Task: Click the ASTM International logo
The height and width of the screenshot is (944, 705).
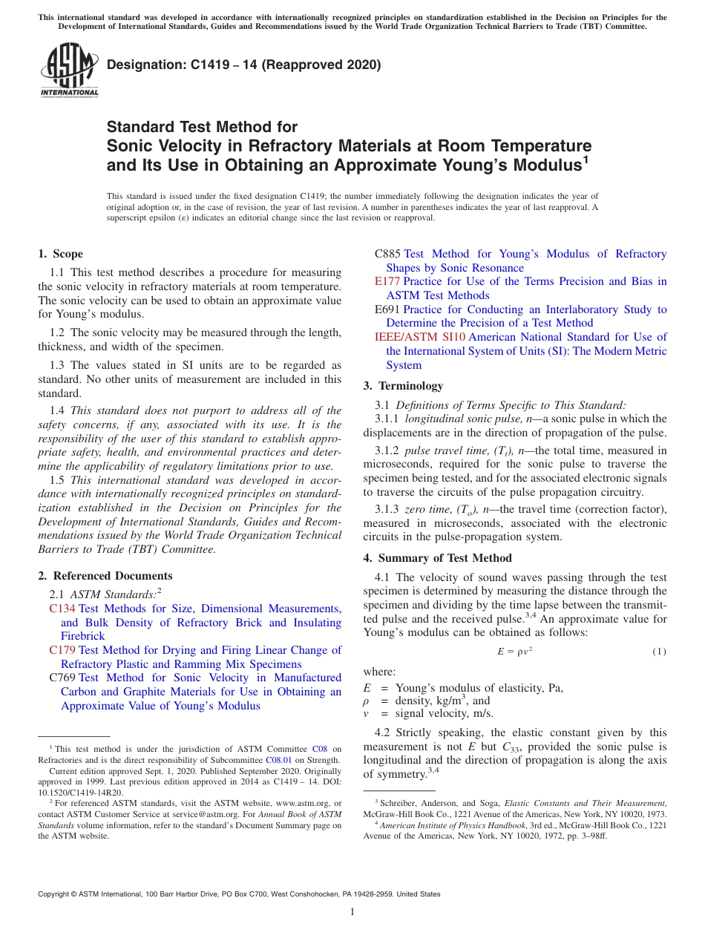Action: tap(69, 71)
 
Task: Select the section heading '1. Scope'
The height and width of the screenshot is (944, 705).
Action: tap(61, 254)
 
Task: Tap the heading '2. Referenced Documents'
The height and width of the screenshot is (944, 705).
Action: tap(105, 576)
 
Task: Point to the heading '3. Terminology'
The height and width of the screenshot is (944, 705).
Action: tap(403, 386)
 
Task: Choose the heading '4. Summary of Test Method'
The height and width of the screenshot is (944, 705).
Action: tap(437, 558)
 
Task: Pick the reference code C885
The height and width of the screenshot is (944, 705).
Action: tap(387, 254)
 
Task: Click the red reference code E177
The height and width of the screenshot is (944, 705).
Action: tap(387, 281)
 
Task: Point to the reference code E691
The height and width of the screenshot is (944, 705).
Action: tap(387, 309)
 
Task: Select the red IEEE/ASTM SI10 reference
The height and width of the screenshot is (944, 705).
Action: tap(421, 337)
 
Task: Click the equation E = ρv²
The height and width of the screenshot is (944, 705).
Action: tap(514, 652)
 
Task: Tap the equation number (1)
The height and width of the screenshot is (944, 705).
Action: tap(659, 652)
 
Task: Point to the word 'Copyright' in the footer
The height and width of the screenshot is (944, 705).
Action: tap(54, 894)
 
